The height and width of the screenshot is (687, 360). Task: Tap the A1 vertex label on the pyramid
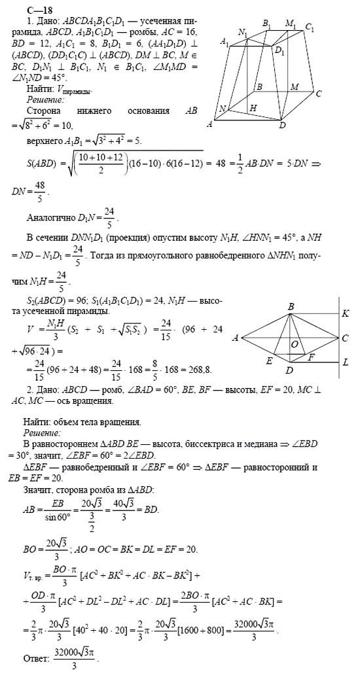pyautogui.click(x=225, y=42)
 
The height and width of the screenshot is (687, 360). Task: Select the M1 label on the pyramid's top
pyautogui.click(x=291, y=24)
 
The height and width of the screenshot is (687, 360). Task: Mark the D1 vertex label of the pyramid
pyautogui.click(x=279, y=50)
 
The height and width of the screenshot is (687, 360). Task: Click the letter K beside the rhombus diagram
pyautogui.click(x=345, y=313)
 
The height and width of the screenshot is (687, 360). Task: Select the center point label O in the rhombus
pyautogui.click(x=296, y=343)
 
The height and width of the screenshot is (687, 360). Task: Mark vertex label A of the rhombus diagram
pyautogui.click(x=234, y=338)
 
